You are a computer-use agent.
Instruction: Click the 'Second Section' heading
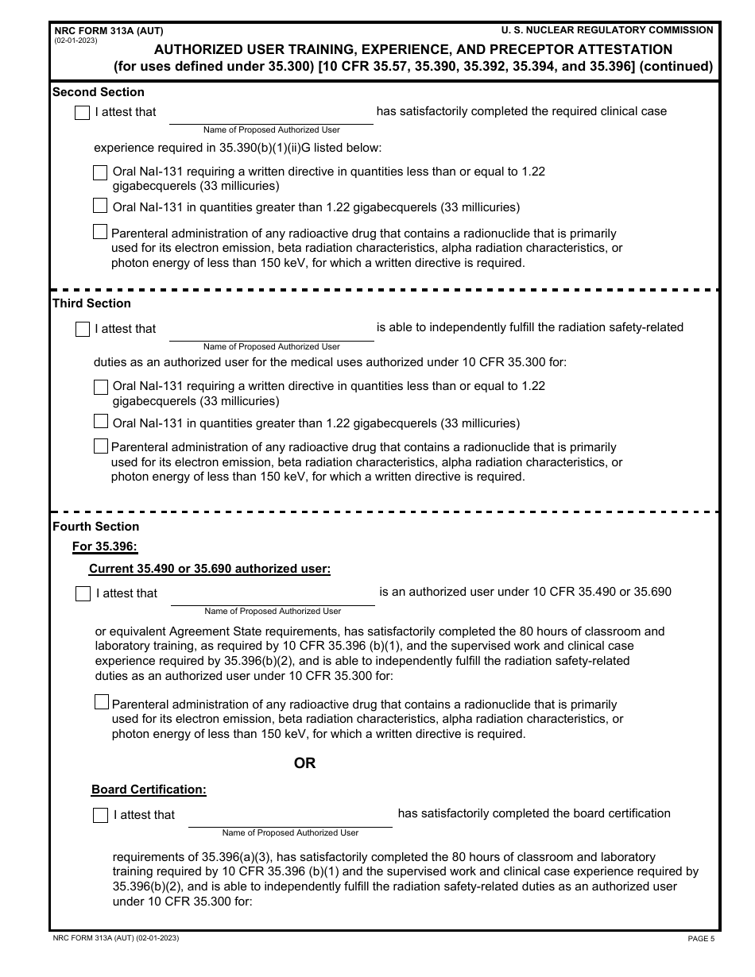click(99, 92)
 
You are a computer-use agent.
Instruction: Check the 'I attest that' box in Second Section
click(82, 113)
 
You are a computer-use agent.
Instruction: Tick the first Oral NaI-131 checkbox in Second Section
click(100, 172)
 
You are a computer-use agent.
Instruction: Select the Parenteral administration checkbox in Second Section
click(100, 232)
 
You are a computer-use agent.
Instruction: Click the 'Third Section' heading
click(91, 303)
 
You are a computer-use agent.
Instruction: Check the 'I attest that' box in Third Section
click(82, 329)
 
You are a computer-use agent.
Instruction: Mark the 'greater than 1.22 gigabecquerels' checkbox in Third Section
click(100, 422)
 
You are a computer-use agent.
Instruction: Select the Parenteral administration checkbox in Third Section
click(100, 446)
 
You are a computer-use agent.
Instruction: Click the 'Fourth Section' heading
click(95, 527)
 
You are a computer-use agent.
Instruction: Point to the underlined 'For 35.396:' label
click(105, 546)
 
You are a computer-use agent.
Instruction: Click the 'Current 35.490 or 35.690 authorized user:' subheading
click(210, 569)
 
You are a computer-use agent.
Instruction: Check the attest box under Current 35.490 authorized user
click(83, 594)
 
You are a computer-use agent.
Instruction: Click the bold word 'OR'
click(304, 763)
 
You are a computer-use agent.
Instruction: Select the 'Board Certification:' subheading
click(149, 790)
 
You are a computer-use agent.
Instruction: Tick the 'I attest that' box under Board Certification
click(100, 815)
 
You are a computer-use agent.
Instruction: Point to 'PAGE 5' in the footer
click(701, 939)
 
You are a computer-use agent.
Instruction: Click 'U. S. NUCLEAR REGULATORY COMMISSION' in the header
click(607, 30)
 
